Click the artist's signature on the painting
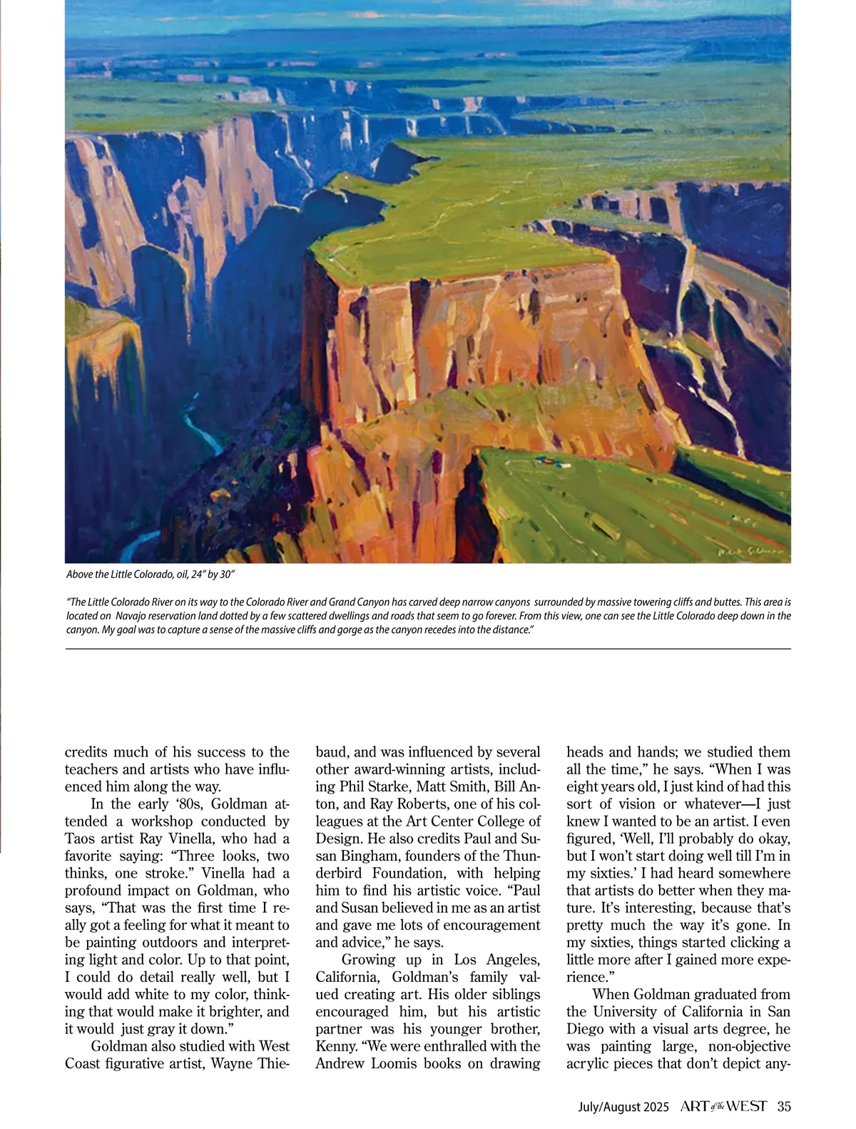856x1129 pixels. click(748, 552)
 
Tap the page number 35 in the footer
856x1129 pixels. click(784, 1107)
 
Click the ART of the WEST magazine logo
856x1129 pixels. click(723, 1107)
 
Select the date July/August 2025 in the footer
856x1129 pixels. click(623, 1107)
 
